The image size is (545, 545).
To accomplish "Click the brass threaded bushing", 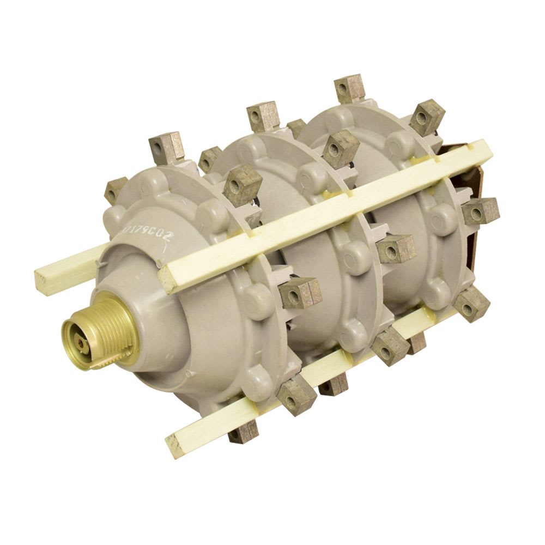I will [104, 332].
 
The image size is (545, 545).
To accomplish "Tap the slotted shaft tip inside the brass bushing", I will [81, 342].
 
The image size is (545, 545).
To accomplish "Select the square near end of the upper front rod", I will [170, 275].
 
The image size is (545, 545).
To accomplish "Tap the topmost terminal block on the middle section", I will [263, 116].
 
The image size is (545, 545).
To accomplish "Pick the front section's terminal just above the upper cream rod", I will [243, 184].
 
